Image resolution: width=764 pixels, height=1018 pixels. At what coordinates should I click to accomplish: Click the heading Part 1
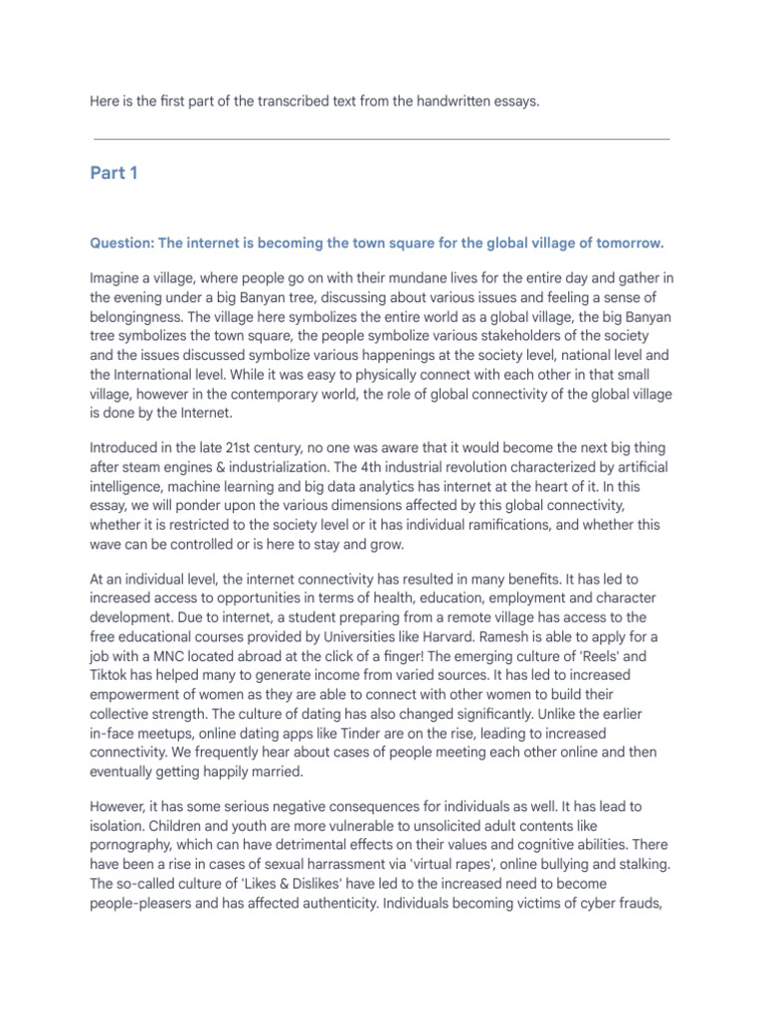113,174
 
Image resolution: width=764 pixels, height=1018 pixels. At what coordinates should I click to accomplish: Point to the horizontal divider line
381,139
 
